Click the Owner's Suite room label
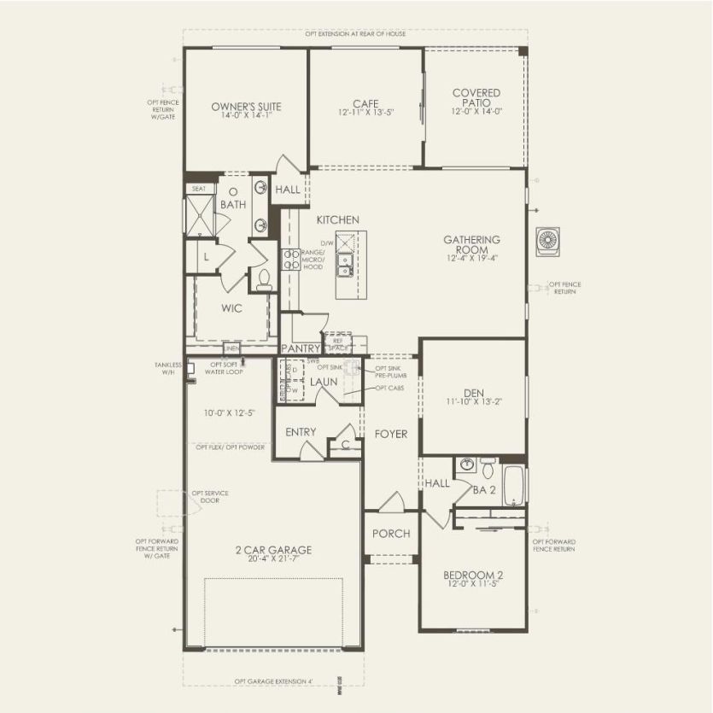246,107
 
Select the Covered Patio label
476,98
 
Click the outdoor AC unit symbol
546,242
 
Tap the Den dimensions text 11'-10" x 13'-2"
473,400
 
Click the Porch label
391,534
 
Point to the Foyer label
391,434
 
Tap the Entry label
301,432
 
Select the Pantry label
301,349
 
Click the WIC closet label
232,309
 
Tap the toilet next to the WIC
264,279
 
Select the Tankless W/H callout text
168,369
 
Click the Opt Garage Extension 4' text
273,681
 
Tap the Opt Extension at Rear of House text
355,34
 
